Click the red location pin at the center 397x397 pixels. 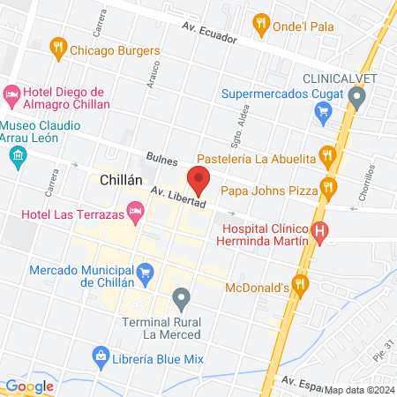click(199, 179)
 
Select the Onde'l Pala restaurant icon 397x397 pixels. click(260, 23)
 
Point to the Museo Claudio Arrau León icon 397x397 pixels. click(18, 156)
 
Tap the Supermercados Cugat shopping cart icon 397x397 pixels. click(322, 111)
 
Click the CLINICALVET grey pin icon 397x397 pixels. click(356, 98)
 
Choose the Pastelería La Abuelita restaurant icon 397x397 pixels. click(328, 157)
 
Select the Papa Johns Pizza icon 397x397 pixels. click(330, 186)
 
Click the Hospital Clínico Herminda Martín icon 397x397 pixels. click(320, 233)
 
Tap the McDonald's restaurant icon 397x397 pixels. click(302, 284)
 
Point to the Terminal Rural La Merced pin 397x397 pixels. click(182, 297)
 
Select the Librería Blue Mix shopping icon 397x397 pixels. click(101, 355)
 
